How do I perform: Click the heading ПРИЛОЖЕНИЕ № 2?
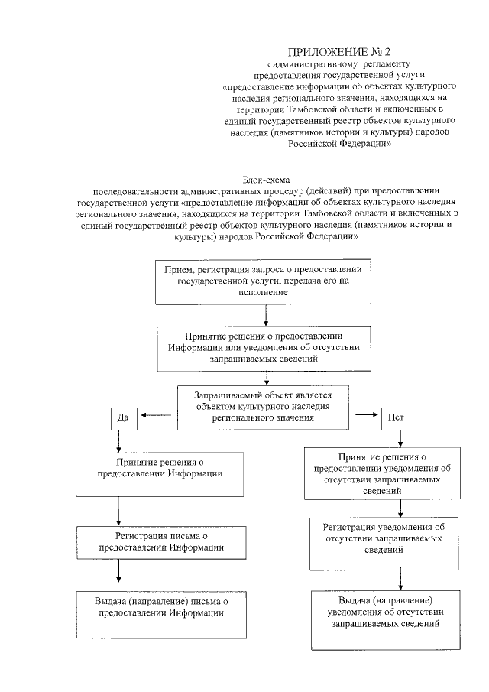coord(344,51)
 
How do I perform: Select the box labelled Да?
coord(122,417)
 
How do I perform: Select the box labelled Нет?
coord(396,418)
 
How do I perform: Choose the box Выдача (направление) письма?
coord(165,613)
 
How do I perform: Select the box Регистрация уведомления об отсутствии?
coord(379,543)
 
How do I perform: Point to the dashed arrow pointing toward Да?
coord(156,416)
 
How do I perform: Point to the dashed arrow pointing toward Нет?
coord(365,416)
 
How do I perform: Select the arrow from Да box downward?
coord(118,441)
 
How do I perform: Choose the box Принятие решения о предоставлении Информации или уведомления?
coord(264,347)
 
